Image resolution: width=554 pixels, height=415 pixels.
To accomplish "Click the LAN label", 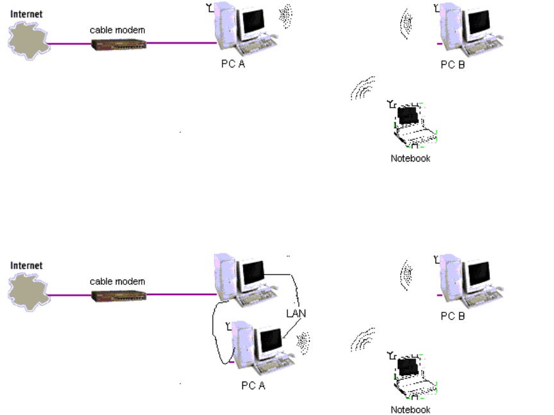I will click(x=296, y=313).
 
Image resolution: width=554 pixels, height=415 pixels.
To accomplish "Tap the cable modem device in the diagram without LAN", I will click(x=119, y=44).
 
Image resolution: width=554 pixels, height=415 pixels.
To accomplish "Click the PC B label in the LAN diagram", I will click(x=452, y=316).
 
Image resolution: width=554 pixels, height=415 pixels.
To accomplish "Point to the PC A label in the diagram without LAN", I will click(x=233, y=64).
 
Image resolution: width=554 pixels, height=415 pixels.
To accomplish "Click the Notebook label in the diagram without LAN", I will click(x=410, y=158).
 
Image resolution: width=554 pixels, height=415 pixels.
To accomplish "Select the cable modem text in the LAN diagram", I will click(x=117, y=281).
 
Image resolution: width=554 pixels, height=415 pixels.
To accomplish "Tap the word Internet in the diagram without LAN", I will click(x=26, y=13).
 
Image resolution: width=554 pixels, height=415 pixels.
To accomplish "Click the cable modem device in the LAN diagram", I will click(x=119, y=296).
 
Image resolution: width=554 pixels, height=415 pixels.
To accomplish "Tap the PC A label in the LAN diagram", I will click(x=253, y=385).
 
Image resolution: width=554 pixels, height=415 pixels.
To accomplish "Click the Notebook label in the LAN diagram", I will click(x=410, y=410).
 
